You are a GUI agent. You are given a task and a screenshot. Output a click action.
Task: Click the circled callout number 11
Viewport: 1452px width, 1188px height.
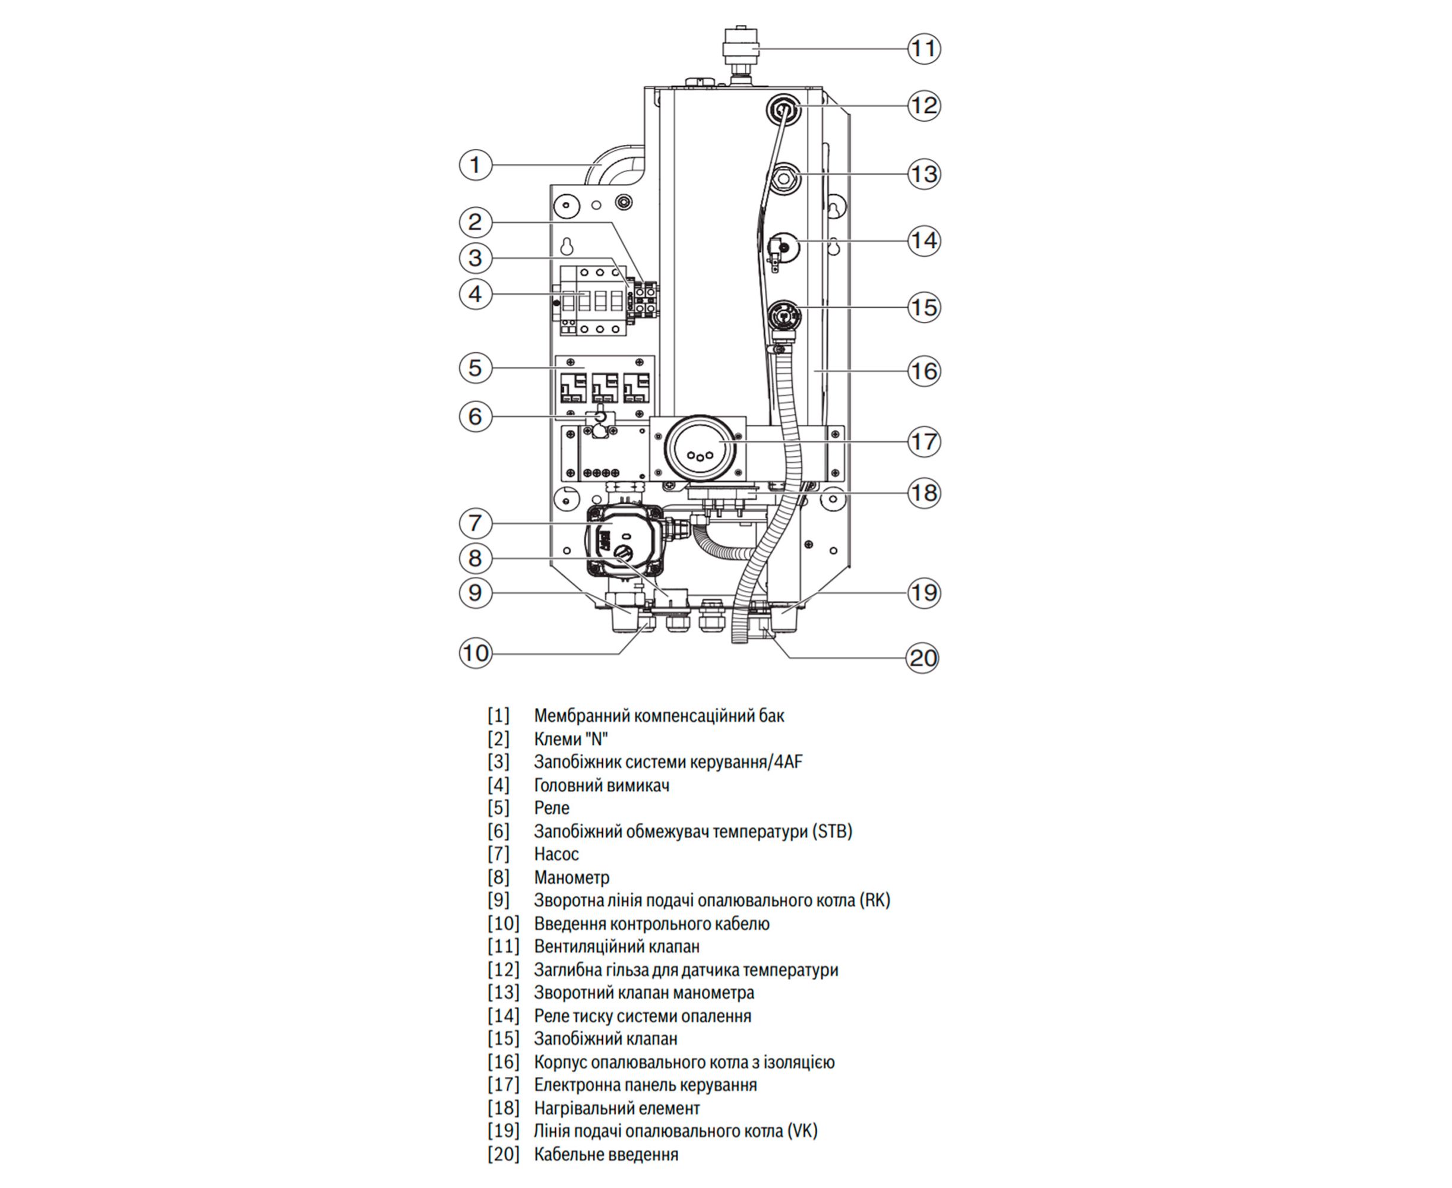point(923,49)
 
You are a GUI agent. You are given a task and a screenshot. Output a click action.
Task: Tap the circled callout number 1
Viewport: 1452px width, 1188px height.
point(476,165)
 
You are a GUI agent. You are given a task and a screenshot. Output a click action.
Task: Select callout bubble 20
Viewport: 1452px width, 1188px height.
point(922,658)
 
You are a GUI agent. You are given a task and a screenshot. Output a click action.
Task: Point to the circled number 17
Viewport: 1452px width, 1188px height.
point(923,441)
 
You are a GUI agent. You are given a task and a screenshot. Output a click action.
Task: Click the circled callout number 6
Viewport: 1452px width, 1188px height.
point(476,416)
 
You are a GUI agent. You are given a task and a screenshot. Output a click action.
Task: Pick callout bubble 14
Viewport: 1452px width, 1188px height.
point(923,240)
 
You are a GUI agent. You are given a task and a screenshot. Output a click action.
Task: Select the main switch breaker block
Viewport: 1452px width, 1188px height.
point(593,301)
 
